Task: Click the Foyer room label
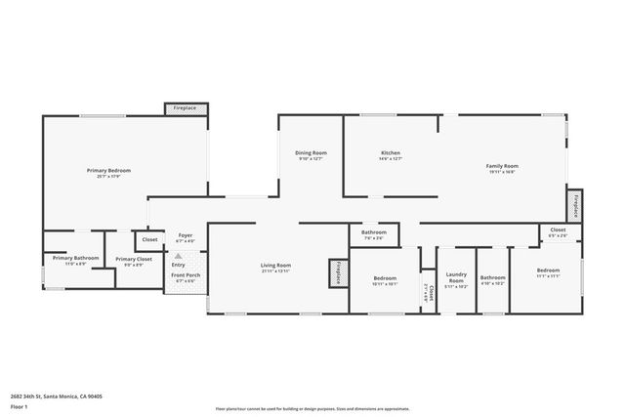184,235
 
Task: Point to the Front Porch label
186,277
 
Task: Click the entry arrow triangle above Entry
178,257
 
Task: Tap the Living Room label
275,266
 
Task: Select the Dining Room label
312,153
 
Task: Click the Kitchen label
391,153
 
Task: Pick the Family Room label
502,166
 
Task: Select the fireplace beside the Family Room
575,204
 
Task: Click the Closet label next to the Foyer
149,239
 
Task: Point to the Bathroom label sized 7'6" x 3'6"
375,232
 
